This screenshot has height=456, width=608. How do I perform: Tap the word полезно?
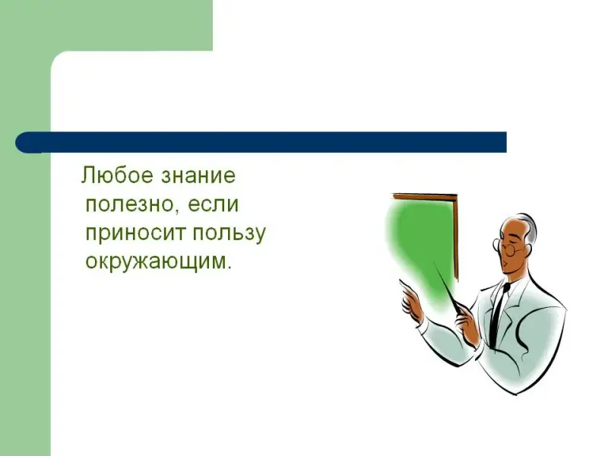pos(128,204)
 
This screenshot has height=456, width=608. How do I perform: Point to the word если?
pos(214,204)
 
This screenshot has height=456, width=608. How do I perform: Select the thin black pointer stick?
pos(448,287)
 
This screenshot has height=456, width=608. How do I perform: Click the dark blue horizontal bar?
pos(261,142)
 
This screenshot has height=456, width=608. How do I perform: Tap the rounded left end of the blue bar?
pos(21,142)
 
